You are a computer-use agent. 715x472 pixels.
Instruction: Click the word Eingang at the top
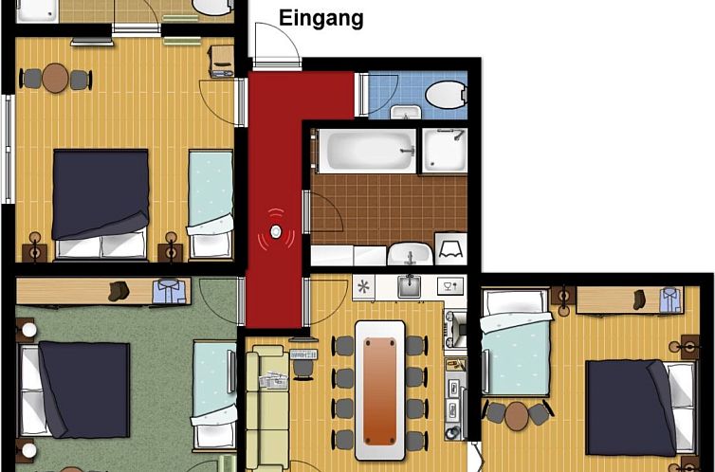321,18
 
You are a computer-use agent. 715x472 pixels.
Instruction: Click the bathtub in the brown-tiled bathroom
366,151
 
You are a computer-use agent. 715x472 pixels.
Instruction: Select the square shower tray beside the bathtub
443,151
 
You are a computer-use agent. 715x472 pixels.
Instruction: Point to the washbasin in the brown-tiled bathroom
409,255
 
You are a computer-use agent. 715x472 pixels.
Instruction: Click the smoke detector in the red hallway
276,229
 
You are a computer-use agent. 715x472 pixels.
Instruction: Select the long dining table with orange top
379,382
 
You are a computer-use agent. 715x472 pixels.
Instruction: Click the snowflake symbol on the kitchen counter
363,285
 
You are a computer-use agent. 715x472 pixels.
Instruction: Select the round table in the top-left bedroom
56,78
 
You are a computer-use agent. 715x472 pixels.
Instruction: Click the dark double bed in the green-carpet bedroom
82,390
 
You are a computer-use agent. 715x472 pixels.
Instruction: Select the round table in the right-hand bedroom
517,415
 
